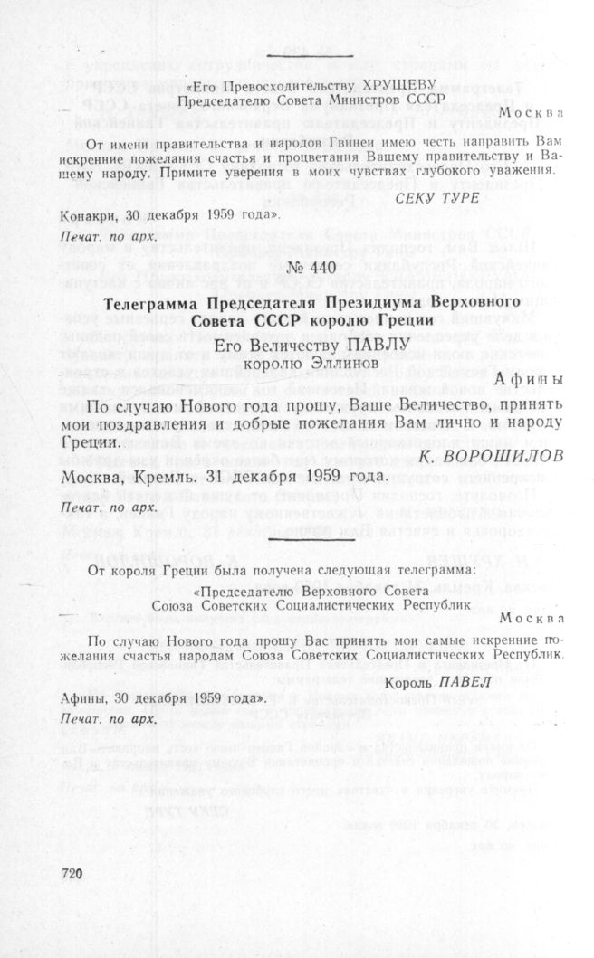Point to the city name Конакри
coord(88,216)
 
